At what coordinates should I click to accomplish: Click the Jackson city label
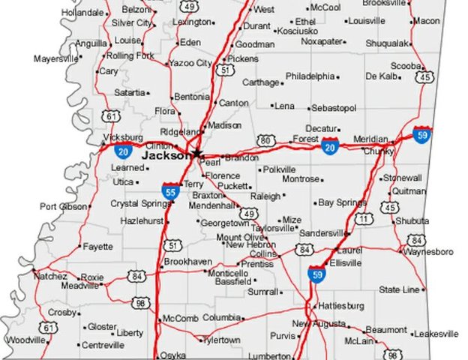click(x=166, y=156)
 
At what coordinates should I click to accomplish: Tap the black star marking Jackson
click(x=197, y=153)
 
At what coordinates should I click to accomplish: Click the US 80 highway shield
click(x=265, y=140)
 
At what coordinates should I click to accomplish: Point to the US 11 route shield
click(x=364, y=219)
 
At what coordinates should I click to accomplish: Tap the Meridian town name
click(x=370, y=139)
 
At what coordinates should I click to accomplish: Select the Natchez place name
click(x=50, y=276)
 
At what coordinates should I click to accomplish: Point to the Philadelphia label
click(x=310, y=76)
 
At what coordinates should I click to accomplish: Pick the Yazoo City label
click(x=190, y=64)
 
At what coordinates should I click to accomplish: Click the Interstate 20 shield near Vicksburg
click(x=124, y=150)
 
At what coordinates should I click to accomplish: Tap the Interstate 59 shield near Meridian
click(x=421, y=135)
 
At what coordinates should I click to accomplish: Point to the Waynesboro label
click(x=430, y=251)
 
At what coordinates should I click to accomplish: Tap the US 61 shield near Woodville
click(x=49, y=328)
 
